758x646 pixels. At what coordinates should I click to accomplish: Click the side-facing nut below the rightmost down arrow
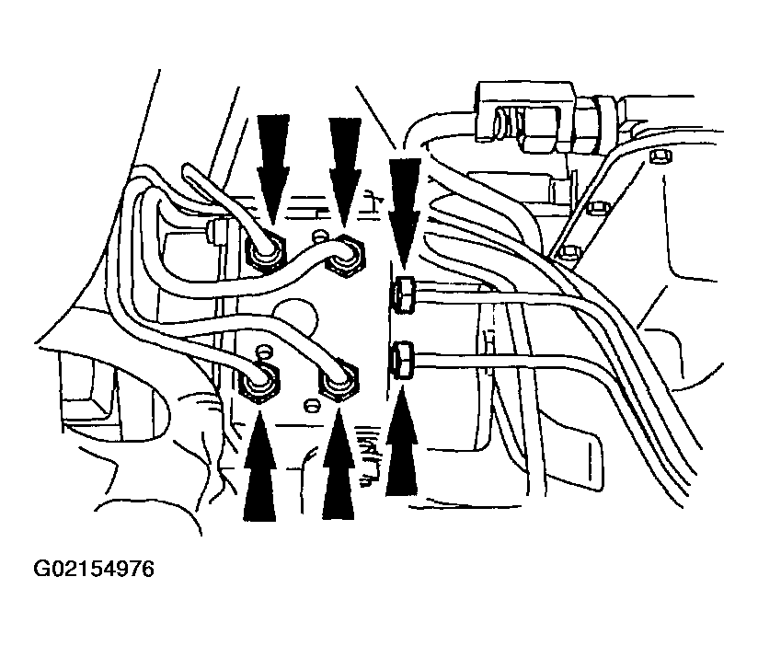coord(404,295)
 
